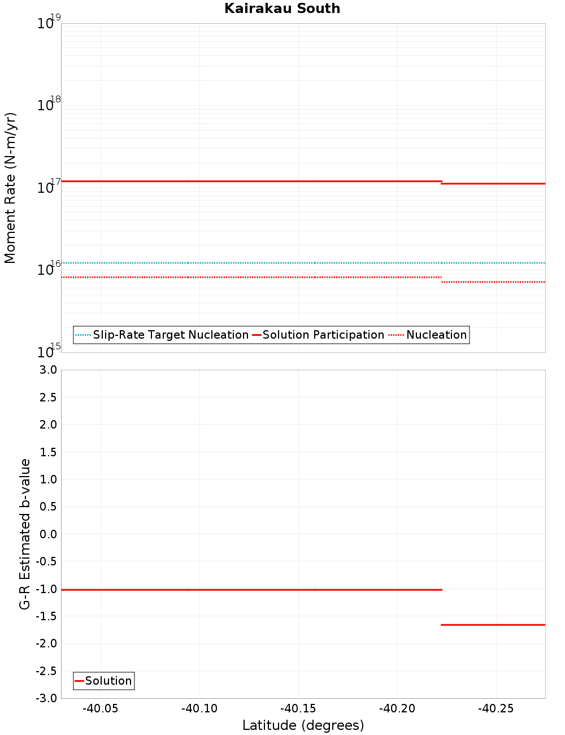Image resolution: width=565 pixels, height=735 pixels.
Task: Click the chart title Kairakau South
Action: pos(282,8)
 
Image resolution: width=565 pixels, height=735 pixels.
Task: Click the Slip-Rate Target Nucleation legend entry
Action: pos(162,335)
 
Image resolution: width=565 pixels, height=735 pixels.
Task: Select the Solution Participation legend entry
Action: pos(318,335)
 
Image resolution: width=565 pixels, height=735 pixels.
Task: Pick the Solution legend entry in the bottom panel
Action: pos(104,681)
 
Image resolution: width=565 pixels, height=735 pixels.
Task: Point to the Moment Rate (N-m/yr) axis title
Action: pos(10,188)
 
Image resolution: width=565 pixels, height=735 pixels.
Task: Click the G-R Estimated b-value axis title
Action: pos(25,534)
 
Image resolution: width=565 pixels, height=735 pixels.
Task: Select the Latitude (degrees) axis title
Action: pos(303,725)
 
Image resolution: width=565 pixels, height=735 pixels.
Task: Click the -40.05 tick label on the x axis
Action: pos(101,708)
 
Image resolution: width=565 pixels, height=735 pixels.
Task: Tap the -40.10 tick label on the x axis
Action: pos(199,708)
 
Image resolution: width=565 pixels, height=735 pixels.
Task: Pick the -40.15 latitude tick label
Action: pos(298,708)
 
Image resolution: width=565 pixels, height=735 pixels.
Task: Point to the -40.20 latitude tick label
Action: pos(397,708)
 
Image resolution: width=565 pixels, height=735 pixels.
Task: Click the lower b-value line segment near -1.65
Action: pos(493,625)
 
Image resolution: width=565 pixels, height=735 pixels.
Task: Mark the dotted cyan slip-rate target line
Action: pos(254,263)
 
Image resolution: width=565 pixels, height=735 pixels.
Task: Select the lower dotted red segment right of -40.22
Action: pos(493,282)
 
